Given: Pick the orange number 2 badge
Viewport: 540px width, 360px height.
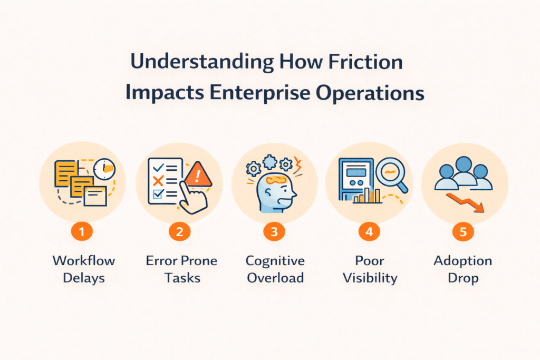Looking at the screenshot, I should coord(179,231).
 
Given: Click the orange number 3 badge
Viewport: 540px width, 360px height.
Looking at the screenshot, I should coord(274,231).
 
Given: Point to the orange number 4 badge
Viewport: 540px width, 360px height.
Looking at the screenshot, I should coord(369,231).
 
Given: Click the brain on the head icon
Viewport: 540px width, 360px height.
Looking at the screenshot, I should coord(275,180).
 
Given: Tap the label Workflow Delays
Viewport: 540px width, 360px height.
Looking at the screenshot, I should coord(84,269).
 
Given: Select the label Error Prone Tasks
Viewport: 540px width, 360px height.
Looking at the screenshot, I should coord(179,269).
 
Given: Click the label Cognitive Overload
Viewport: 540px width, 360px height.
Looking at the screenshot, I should coord(274,269).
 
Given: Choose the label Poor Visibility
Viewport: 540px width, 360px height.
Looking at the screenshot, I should coord(369,269).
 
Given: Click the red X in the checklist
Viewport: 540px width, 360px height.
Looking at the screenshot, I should coord(157,181).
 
